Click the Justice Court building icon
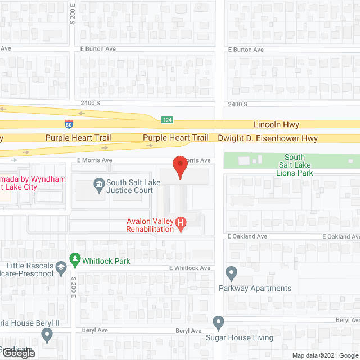coord(98,183)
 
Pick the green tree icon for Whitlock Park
coord(74,259)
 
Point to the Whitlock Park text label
coord(106,261)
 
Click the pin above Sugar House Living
coord(219,323)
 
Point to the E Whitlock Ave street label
coord(190,268)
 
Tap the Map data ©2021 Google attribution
coord(325,355)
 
